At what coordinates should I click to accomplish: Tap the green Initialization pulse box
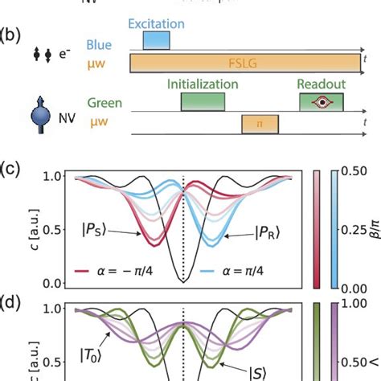pyautogui.click(x=203, y=101)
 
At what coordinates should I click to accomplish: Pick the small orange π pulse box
pyautogui.click(x=259, y=124)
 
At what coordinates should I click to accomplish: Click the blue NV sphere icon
pyautogui.click(x=40, y=115)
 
